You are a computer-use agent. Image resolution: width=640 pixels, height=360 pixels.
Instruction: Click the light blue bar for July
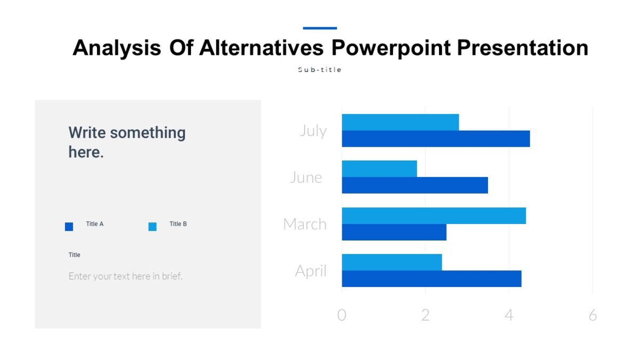400,122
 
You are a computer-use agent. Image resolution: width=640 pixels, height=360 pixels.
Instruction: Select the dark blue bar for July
436,139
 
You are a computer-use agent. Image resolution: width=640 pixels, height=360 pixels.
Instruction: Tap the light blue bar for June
379,169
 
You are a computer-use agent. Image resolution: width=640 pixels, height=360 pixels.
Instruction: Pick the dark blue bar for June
414,185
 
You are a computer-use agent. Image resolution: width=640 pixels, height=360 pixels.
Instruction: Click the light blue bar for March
434,215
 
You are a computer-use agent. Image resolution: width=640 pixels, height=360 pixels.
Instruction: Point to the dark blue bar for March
394,232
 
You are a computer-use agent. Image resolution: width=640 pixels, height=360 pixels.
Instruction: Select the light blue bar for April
391,262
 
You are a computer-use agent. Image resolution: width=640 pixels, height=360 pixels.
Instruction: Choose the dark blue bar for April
431,278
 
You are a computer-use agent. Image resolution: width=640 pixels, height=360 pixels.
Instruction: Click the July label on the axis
313,131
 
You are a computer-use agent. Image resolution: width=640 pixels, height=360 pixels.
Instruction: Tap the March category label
305,224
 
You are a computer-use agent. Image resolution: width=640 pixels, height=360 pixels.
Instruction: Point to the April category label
310,271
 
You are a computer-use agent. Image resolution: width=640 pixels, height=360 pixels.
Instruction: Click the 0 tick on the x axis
342,315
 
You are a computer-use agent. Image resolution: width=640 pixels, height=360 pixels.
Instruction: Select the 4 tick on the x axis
509,315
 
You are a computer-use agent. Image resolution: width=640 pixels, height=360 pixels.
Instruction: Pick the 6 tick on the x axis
593,315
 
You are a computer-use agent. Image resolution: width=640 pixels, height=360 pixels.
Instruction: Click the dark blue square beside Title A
69,227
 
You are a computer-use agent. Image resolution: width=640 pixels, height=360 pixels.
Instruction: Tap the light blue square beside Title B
153,227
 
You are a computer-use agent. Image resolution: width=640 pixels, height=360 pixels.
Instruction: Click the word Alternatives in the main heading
261,48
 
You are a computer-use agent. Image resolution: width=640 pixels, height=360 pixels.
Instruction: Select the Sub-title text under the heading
319,70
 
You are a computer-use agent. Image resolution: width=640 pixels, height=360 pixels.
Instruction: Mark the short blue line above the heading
320,28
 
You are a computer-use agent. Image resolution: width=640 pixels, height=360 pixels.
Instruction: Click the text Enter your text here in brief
125,276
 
